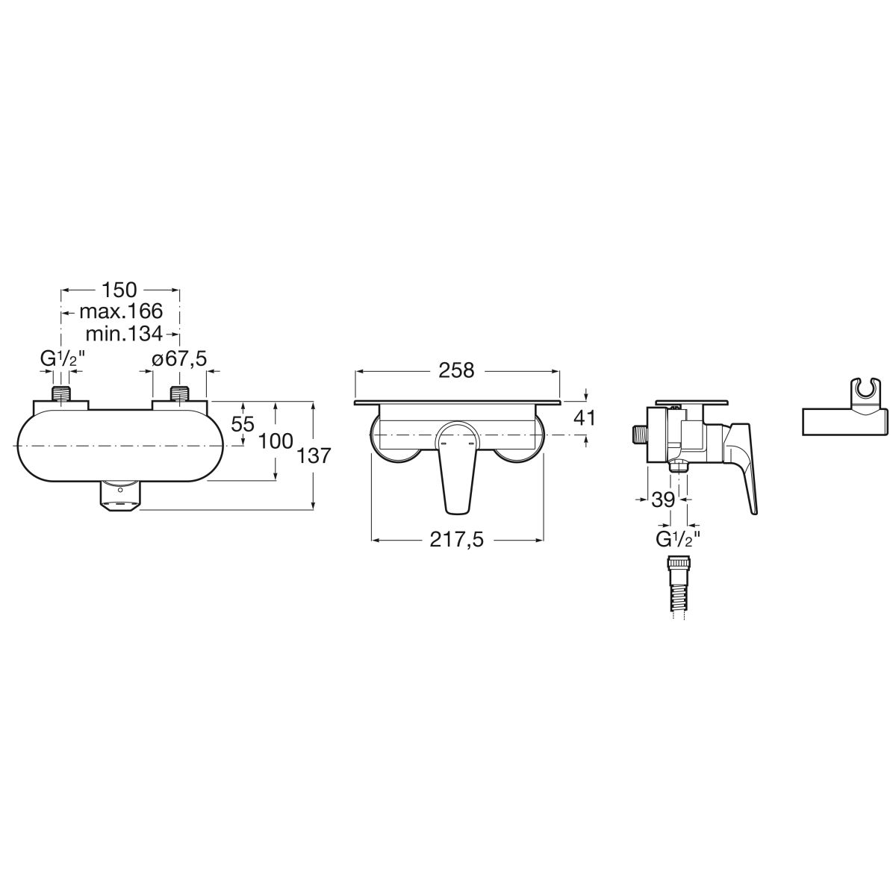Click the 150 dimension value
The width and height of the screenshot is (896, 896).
119,290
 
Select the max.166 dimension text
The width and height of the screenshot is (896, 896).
122,311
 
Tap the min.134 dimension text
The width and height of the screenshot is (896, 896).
125,333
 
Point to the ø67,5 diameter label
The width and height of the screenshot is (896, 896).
179,359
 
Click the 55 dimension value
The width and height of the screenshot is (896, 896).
243,424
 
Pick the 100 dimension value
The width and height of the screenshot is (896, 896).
276,441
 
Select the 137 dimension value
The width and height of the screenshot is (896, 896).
314,455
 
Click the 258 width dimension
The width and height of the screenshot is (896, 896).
457,370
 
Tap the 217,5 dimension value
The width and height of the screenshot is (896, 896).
457,539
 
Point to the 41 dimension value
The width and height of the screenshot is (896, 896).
585,417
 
